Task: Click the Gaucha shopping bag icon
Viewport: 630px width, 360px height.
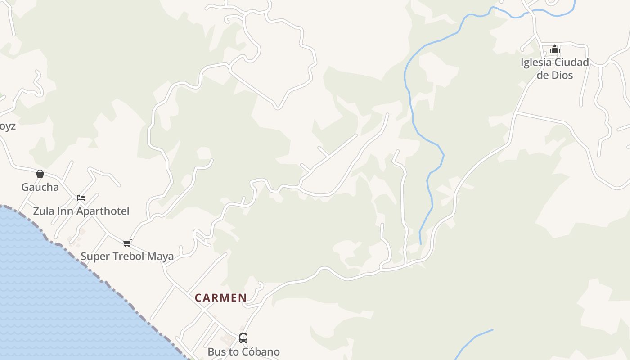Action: [x=40, y=174]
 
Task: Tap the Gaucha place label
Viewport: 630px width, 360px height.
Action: [x=40, y=187]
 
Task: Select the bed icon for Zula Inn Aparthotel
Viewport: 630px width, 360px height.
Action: [x=81, y=198]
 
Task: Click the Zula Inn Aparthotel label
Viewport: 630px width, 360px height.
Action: [x=81, y=211]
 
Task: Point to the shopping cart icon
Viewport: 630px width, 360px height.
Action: [x=127, y=243]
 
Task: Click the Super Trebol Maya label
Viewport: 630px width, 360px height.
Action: [x=127, y=256]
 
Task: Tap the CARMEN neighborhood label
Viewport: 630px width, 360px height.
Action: [x=220, y=298]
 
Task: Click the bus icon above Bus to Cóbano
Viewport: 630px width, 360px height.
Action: [x=243, y=338]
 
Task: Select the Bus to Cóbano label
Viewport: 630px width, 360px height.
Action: [x=243, y=352]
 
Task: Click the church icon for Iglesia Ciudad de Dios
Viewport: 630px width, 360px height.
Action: [x=555, y=49]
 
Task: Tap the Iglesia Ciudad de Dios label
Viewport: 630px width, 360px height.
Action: [x=555, y=69]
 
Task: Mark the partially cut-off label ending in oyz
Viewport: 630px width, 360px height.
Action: [x=7, y=126]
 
